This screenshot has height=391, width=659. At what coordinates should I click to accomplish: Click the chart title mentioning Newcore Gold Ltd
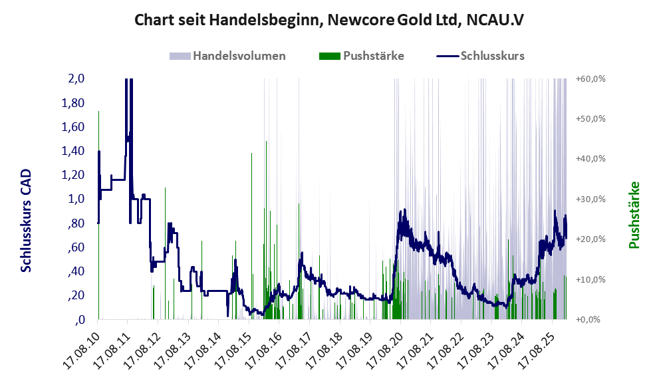point(329,19)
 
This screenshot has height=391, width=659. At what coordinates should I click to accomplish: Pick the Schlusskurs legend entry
point(482,56)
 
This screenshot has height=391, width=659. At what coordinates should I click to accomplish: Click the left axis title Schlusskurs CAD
point(27,220)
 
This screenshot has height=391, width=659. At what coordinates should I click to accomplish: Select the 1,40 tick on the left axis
point(73,151)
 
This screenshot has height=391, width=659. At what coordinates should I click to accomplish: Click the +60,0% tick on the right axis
point(590,78)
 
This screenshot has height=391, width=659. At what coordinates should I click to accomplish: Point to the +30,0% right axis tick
point(590,199)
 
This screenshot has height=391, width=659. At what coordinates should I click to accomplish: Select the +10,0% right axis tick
point(590,279)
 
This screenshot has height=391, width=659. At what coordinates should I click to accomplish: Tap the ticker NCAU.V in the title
point(495,19)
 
